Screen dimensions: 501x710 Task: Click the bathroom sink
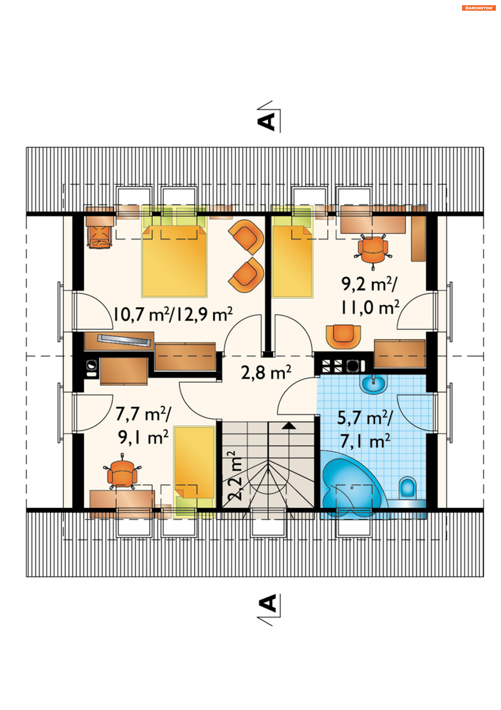[x=374, y=384]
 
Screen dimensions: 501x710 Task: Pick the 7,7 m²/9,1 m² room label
[x=143, y=425]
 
